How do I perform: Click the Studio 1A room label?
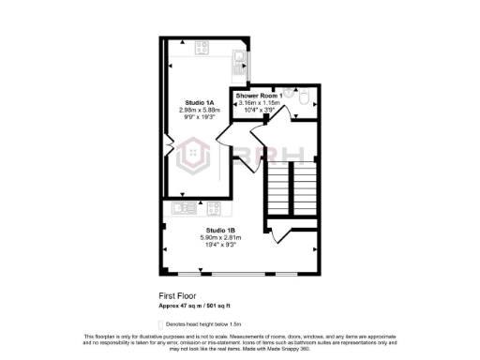199,102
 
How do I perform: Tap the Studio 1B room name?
219,230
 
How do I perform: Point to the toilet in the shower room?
306,95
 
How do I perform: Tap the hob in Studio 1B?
213,207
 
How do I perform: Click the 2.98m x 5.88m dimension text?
199,110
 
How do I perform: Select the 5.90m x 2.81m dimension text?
220,238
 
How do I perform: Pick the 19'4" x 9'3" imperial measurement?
220,245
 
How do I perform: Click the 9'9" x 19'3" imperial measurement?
199,117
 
